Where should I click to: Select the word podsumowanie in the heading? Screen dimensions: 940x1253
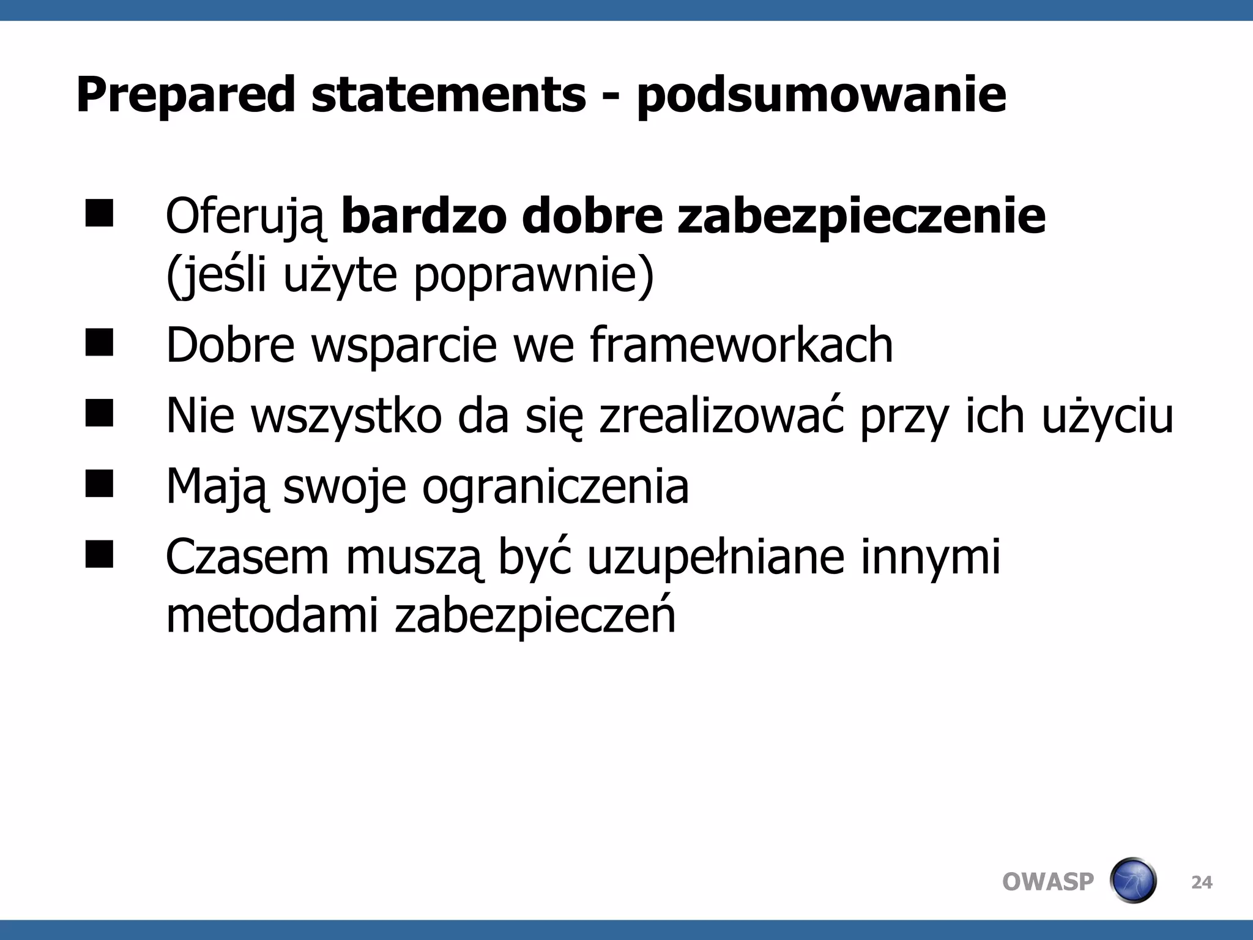pyautogui.click(x=821, y=95)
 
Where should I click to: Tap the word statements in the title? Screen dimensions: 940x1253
pyautogui.click(x=448, y=95)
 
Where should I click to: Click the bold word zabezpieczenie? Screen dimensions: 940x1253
pyautogui.click(x=861, y=217)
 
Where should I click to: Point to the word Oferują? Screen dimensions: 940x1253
pyautogui.click(x=246, y=217)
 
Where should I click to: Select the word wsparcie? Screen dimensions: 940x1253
pyautogui.click(x=404, y=345)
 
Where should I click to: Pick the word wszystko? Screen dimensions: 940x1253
pyautogui.click(x=346, y=416)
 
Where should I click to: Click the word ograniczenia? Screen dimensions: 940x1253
pyautogui.click(x=556, y=487)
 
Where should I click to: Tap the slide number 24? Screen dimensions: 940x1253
pyautogui.click(x=1202, y=882)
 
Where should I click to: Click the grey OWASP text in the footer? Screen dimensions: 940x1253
pyautogui.click(x=1047, y=882)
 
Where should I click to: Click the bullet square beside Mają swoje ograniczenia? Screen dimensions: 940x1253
pyautogui.click(x=99, y=483)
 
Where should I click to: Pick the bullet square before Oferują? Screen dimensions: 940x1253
pyautogui.click(x=99, y=214)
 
